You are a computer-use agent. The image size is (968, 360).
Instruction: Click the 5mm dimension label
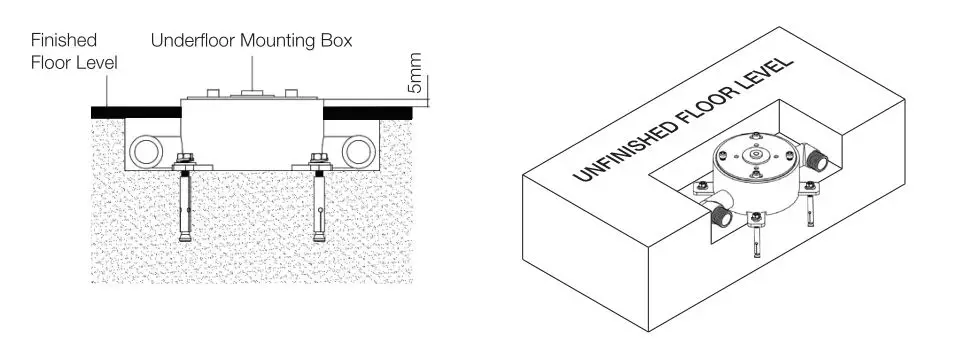(x=416, y=74)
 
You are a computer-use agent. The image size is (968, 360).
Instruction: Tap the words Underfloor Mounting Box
(x=251, y=41)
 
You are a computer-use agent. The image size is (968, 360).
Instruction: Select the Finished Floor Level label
(x=74, y=51)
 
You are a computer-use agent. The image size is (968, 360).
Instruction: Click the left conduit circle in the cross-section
(x=146, y=152)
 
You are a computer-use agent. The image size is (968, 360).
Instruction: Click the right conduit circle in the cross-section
(x=359, y=152)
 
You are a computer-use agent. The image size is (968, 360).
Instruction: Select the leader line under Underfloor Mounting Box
(x=252, y=72)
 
